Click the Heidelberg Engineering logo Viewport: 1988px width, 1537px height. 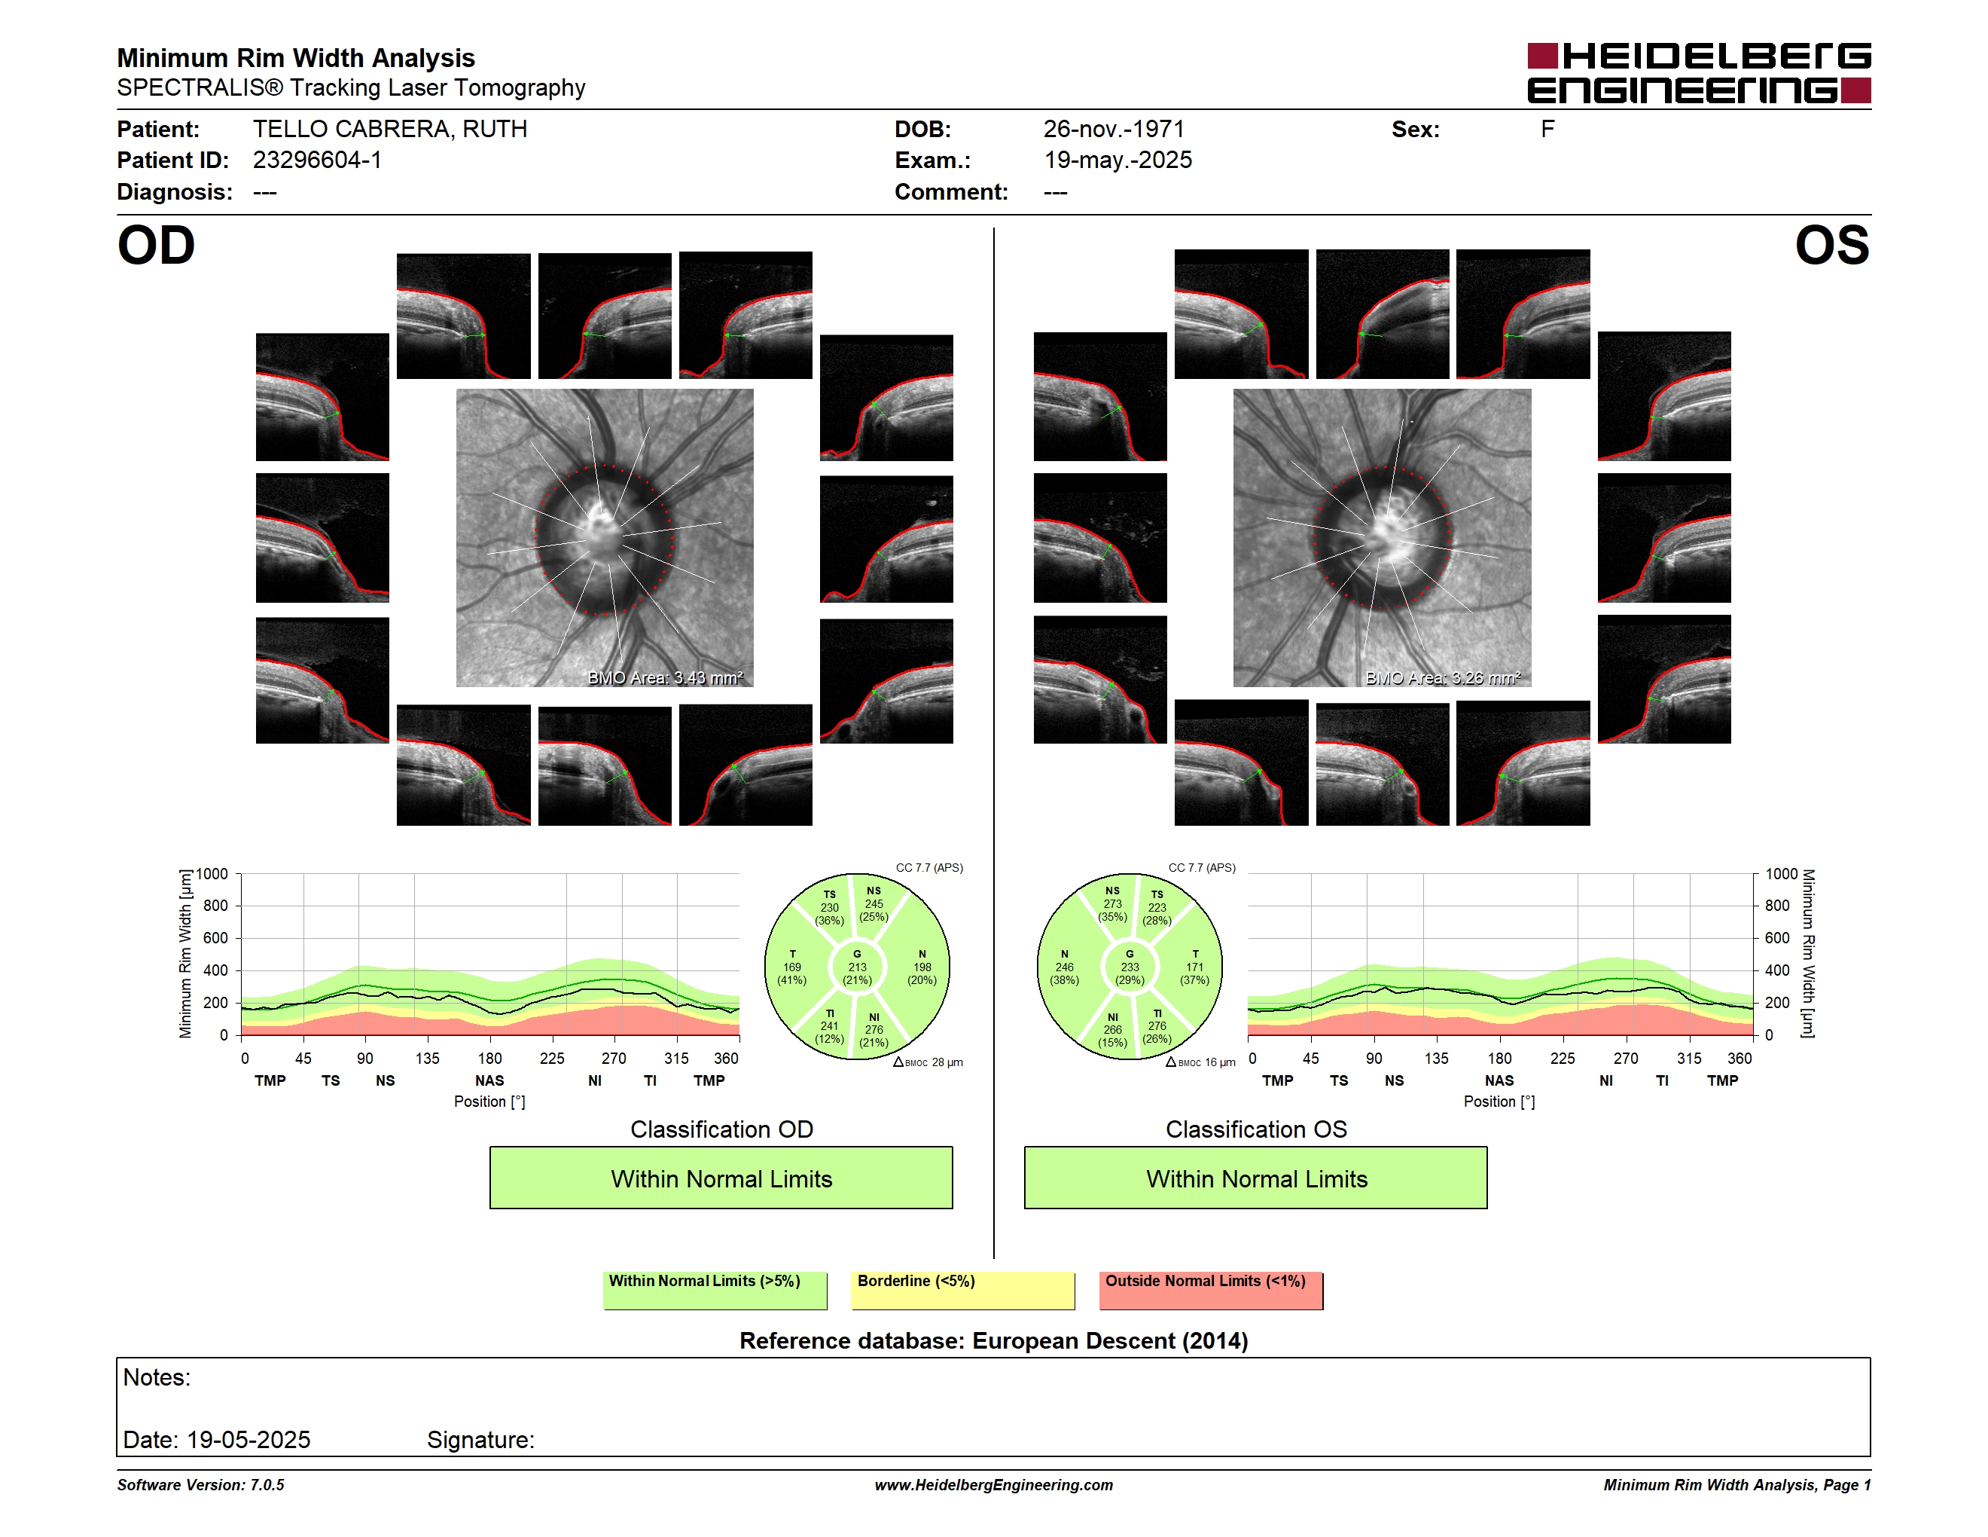pos(1699,73)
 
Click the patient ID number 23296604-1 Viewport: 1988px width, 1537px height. pos(317,160)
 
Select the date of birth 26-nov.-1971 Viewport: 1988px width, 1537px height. pos(1113,130)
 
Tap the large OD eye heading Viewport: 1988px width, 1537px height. pos(157,246)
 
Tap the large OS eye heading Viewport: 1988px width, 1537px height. pos(1831,246)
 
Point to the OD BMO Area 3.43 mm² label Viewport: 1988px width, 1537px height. pos(666,677)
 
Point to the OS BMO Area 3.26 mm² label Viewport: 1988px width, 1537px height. pos(1443,677)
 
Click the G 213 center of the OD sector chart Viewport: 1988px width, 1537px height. pos(856,967)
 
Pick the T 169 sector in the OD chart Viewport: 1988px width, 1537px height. pos(792,967)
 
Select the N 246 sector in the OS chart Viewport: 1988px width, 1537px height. pos(1064,967)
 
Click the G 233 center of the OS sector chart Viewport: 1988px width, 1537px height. pos(1130,967)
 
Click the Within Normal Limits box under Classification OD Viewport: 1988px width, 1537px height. pos(721,1178)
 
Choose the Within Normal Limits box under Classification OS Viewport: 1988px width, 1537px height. pos(1256,1178)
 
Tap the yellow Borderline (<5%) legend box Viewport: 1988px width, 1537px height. pos(963,1290)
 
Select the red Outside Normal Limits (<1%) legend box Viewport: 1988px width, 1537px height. pos(1212,1290)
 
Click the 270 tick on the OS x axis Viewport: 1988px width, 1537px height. pos(1626,1058)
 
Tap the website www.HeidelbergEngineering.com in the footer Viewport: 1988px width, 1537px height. pos(994,1485)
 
